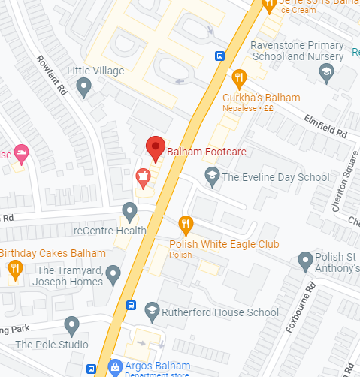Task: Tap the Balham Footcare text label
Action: pyautogui.click(x=206, y=152)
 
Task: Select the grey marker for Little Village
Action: pyautogui.click(x=84, y=88)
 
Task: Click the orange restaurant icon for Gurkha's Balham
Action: pyautogui.click(x=239, y=77)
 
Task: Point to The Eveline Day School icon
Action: pyautogui.click(x=212, y=177)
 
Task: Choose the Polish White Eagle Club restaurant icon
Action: pyautogui.click(x=186, y=224)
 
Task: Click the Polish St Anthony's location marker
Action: pyautogui.click(x=305, y=261)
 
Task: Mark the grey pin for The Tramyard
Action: pyautogui.click(x=113, y=274)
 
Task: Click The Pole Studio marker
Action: pyautogui.click(x=72, y=325)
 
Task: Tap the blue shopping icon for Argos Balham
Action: pyautogui.click(x=114, y=366)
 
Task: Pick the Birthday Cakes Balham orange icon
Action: pyautogui.click(x=14, y=268)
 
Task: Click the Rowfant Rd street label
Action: pyautogui.click(x=50, y=75)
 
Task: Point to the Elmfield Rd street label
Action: pyautogui.click(x=325, y=124)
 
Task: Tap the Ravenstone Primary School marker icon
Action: pyautogui.click(x=326, y=73)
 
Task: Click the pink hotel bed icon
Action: pyautogui.click(x=21, y=154)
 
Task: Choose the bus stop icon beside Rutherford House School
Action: pyautogui.click(x=131, y=306)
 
